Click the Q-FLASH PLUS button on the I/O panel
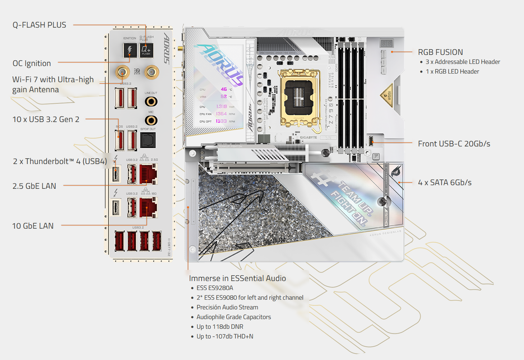click(146, 50)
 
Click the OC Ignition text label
click(32, 64)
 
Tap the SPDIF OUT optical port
click(148, 140)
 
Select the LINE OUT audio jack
click(151, 102)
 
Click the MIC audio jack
click(151, 120)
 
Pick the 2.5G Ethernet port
click(148, 173)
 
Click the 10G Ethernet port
click(148, 207)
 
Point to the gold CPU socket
click(299, 96)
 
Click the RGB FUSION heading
click(440, 52)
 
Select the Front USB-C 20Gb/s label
click(454, 144)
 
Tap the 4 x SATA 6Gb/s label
click(445, 183)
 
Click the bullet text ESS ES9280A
click(215, 288)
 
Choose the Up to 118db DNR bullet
click(220, 327)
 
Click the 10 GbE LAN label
click(33, 226)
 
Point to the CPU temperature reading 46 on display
click(224, 89)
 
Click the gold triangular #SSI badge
click(387, 95)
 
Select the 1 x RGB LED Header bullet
click(452, 71)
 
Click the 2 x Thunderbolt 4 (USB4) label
click(60, 162)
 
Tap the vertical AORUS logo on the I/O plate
click(167, 48)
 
